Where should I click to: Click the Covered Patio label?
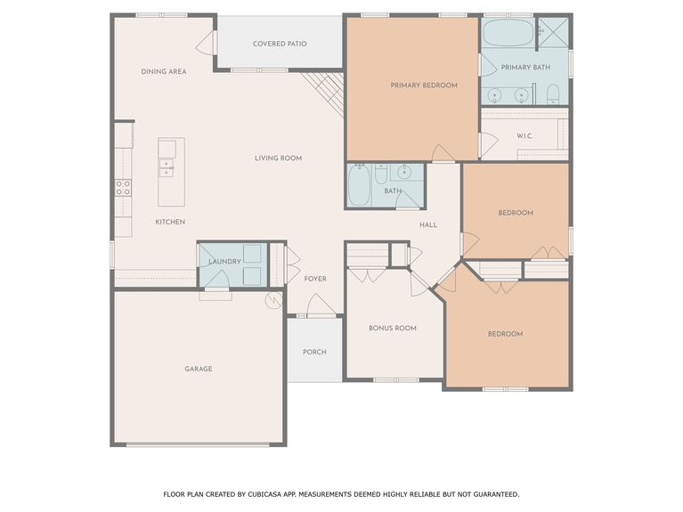tap(280, 43)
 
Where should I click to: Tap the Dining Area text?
tap(164, 71)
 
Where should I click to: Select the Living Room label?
tap(279, 158)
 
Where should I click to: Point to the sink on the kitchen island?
tap(167, 167)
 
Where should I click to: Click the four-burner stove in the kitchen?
tap(123, 188)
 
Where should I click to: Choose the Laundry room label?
tap(224, 261)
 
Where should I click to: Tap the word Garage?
tap(198, 369)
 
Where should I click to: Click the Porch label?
tap(314, 352)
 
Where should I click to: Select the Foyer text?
tap(315, 279)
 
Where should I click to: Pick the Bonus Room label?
tap(393, 328)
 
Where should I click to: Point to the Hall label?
tap(428, 224)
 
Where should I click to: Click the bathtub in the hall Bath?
tap(359, 185)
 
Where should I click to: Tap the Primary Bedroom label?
tap(424, 85)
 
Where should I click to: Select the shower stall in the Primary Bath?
tap(554, 31)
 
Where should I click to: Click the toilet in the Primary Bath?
tap(553, 93)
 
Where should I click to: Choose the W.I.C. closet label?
tap(524, 136)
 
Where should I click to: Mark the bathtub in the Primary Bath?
tap(508, 33)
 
